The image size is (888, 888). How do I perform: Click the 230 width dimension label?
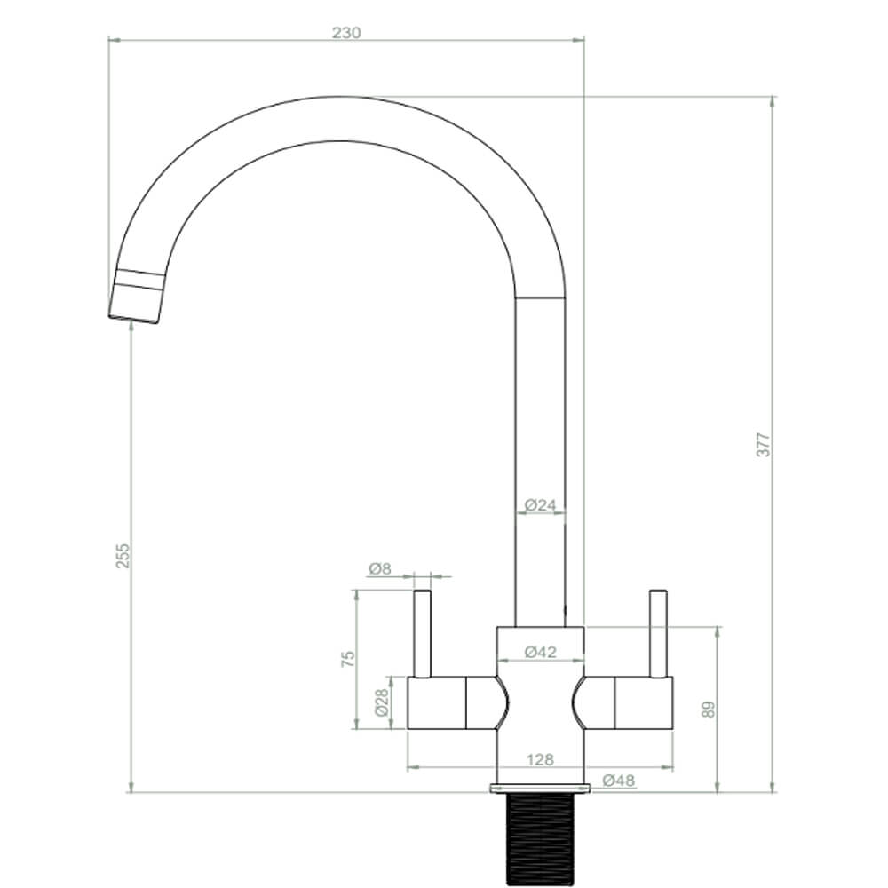[346, 33]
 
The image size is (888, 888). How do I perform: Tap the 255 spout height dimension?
[123, 556]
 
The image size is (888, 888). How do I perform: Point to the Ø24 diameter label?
[540, 505]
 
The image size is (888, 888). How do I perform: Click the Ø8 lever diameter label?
[379, 568]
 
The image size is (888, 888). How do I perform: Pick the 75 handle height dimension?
[348, 658]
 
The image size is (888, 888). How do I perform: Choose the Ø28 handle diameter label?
[381, 704]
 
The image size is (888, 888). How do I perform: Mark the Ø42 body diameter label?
[540, 652]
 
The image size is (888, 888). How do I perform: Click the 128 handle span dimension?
[540, 759]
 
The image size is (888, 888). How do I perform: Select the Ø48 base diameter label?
[618, 781]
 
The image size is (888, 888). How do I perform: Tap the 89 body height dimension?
[708, 708]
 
